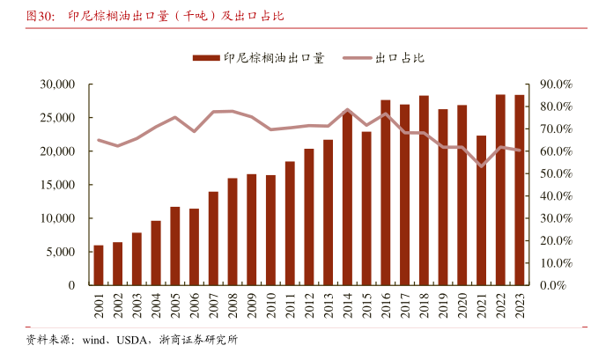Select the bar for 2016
(386, 193)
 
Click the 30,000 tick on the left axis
(57, 84)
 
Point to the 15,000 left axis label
(57, 185)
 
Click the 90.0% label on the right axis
(557, 84)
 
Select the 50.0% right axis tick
(557, 173)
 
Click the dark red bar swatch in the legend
(205, 58)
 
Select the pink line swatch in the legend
(356, 58)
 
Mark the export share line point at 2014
(348, 110)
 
